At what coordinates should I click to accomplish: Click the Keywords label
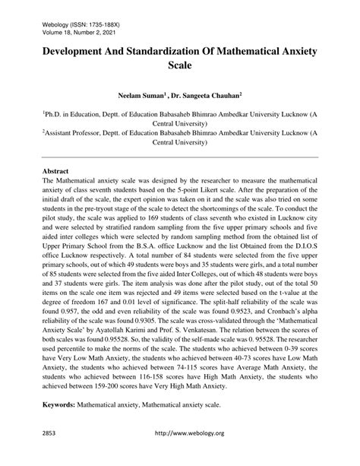click(x=58, y=406)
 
